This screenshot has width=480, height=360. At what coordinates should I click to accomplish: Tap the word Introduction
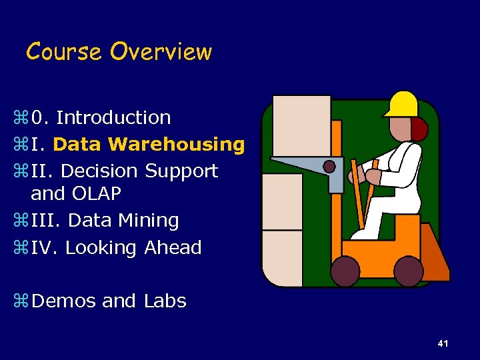point(113,117)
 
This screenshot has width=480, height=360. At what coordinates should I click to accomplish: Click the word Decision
point(99,171)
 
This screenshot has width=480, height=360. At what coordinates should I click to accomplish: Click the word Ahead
point(173,247)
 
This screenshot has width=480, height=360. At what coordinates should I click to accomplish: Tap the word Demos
point(64,301)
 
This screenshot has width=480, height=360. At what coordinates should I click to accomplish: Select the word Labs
point(165,301)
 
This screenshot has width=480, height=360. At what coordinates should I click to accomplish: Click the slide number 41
point(443,343)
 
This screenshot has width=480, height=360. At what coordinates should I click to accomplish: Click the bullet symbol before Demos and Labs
point(19,301)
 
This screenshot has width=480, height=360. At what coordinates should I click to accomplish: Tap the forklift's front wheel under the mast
point(345,271)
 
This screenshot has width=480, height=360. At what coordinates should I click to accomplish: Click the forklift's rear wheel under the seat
point(408,271)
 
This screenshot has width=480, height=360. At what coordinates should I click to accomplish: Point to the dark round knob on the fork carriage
point(329,166)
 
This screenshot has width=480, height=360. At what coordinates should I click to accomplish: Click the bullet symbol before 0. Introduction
point(19,118)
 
